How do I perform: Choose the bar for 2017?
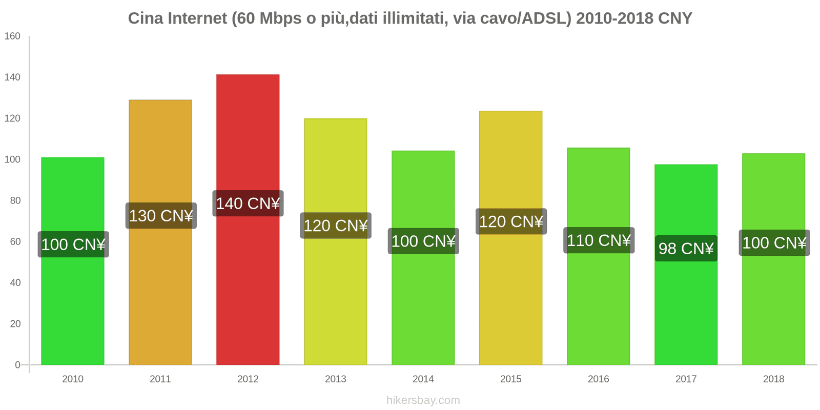coord(686,307)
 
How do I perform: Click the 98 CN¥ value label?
coord(686,249)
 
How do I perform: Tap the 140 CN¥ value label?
coord(248,203)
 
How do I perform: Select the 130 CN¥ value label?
coord(160,216)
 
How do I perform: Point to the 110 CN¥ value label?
coord(599,240)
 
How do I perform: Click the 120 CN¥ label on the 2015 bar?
coord(511,221)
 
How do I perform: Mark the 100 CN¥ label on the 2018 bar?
coord(774,242)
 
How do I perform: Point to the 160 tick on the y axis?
coord(12,36)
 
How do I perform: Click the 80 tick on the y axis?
coord(15,200)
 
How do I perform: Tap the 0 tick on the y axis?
coord(17,365)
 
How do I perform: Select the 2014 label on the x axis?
coord(423,379)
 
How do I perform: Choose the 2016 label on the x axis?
coord(598,379)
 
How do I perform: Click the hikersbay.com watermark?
coord(423,400)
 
